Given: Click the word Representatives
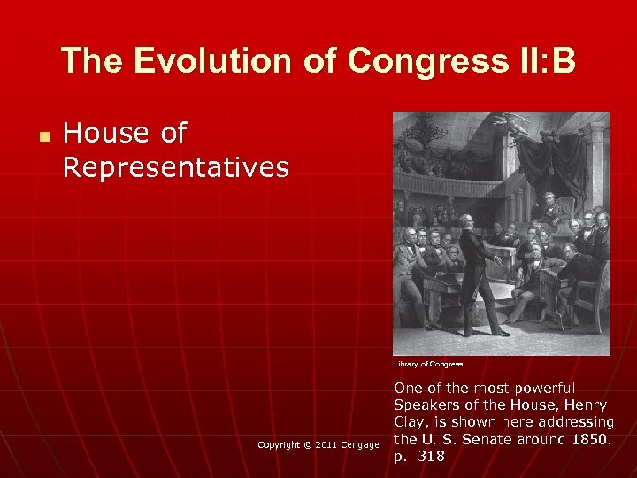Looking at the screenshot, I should [176, 166].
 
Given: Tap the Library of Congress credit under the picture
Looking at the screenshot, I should [429, 364].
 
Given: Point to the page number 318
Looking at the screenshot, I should [431, 457].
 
